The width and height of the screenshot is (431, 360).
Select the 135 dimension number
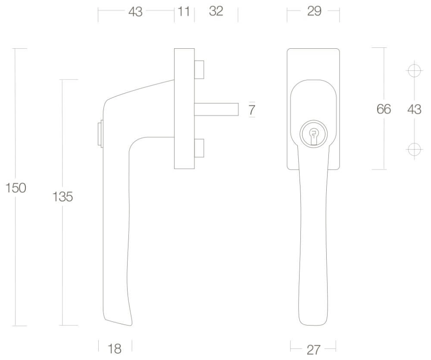(62, 197)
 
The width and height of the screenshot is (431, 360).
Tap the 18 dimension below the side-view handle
(115, 348)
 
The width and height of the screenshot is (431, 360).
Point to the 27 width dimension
(313, 349)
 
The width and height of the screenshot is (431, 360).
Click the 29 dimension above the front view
(314, 11)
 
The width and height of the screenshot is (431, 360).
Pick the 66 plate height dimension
(384, 109)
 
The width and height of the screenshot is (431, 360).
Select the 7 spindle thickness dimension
(252, 110)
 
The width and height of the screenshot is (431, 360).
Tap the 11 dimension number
(184, 12)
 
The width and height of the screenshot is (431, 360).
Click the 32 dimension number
(216, 12)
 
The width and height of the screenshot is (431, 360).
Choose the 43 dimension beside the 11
(135, 12)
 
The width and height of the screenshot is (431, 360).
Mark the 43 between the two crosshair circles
(414, 110)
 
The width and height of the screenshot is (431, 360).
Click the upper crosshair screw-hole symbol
(414, 70)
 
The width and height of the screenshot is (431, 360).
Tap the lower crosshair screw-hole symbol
(414, 149)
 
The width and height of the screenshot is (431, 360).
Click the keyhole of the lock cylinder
(313, 135)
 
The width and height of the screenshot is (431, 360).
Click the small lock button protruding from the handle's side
(100, 133)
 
